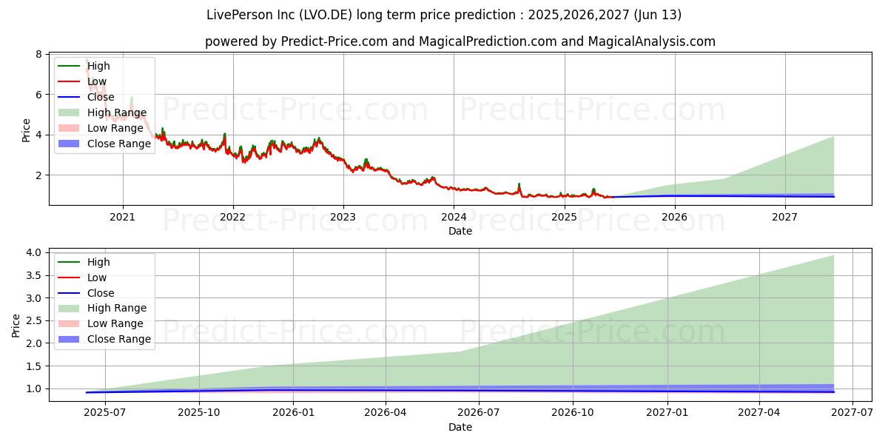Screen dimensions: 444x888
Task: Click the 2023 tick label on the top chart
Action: coord(343,217)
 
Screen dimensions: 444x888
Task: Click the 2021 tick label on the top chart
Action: coord(122,217)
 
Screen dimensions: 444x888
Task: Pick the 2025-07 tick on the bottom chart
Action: coord(105,412)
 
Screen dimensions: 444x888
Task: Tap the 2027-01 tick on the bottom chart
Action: coord(667,412)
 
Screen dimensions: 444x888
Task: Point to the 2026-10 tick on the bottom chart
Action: coord(573,412)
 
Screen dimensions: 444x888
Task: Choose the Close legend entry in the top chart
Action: coord(101,97)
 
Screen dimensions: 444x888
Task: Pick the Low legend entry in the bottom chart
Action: coord(97,277)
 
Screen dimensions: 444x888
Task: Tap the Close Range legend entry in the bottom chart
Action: coord(119,339)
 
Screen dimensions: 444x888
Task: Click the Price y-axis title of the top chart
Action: coord(26,130)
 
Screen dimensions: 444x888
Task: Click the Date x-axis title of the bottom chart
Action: coord(460,427)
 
